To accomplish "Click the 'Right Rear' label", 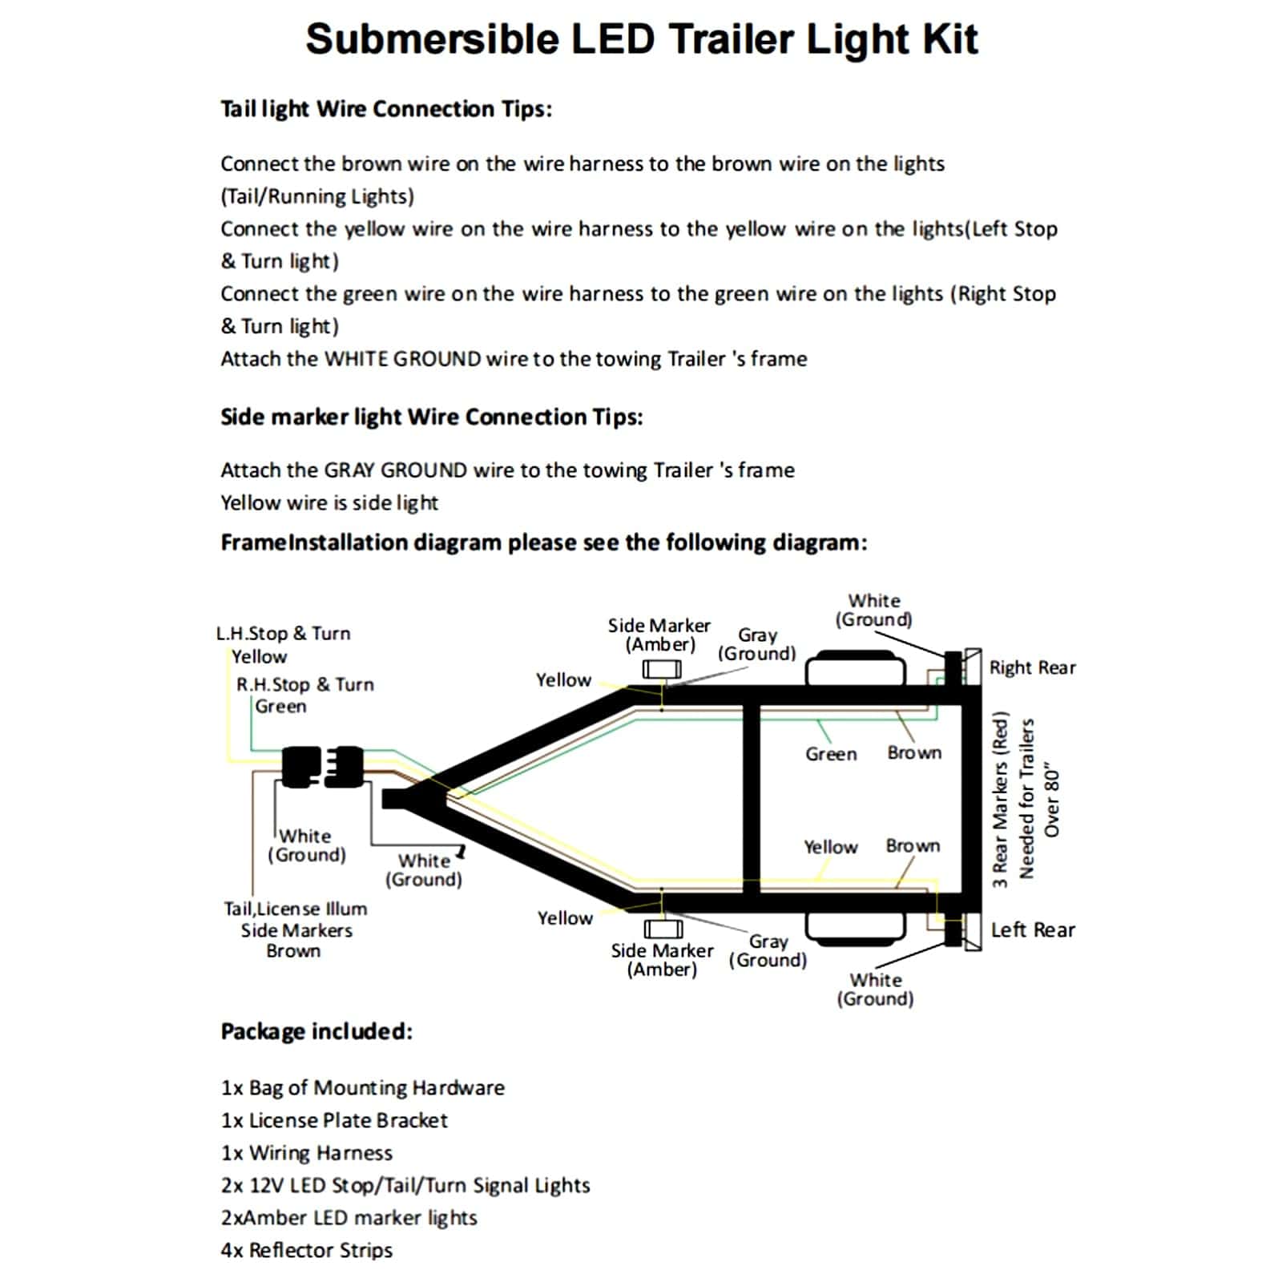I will [x=1032, y=667].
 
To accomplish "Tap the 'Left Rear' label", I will [x=1033, y=929].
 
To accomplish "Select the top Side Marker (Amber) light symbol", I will [x=662, y=668].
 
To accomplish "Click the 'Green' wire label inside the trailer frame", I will [x=831, y=754].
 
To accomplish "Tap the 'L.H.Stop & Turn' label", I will [x=283, y=633].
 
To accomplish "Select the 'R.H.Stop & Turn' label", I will [x=304, y=684].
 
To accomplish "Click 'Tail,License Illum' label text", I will [x=295, y=909].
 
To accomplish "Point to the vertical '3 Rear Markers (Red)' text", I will [x=999, y=801].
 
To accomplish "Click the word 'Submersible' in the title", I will [x=432, y=39].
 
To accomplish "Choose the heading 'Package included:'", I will [x=316, y=1031].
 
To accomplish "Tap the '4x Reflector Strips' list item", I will [x=307, y=1250].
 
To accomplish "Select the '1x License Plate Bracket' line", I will [x=334, y=1120].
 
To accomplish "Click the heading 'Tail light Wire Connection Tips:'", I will [x=386, y=109].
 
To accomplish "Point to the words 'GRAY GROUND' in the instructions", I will [x=395, y=470].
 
